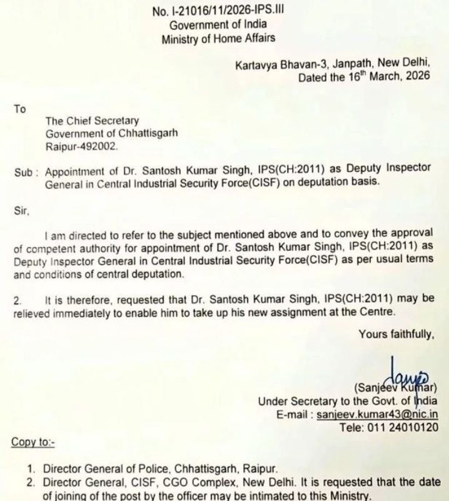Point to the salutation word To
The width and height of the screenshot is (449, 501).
pos(19,109)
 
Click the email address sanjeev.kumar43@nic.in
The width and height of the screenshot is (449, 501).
pos(385,413)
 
